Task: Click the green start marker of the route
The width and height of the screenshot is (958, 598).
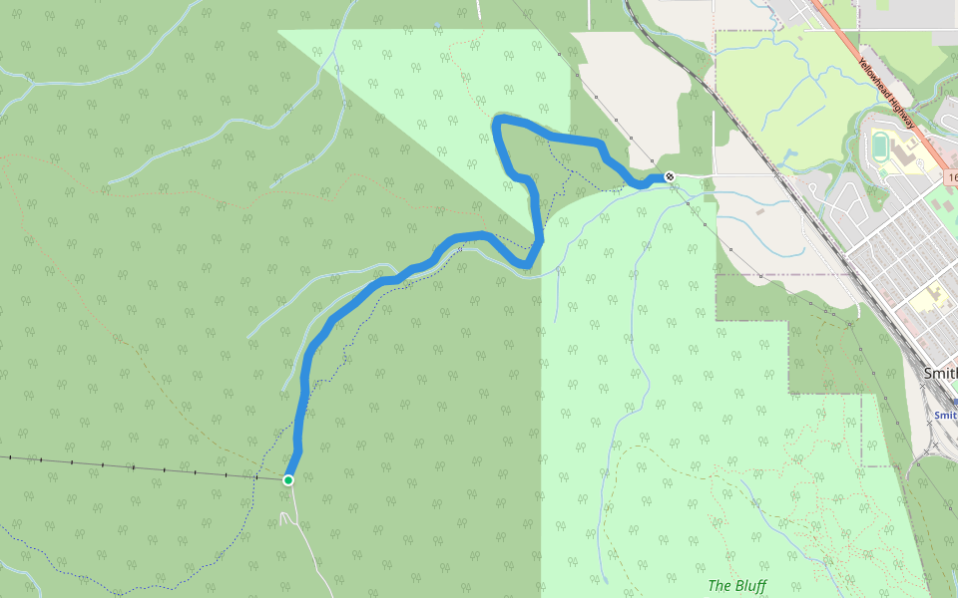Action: click(x=288, y=480)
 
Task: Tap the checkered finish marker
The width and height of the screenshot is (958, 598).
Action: click(x=671, y=177)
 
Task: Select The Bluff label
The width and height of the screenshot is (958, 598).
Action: click(x=736, y=586)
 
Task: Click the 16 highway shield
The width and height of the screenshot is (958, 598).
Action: click(x=952, y=177)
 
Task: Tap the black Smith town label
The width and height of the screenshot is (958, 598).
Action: click(x=940, y=373)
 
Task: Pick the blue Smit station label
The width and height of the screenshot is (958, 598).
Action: click(x=945, y=415)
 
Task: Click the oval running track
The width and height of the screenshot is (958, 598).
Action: click(x=879, y=147)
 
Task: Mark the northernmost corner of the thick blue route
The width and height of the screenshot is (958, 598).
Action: click(x=499, y=121)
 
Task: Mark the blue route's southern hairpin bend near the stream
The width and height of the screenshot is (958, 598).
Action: click(x=527, y=263)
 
